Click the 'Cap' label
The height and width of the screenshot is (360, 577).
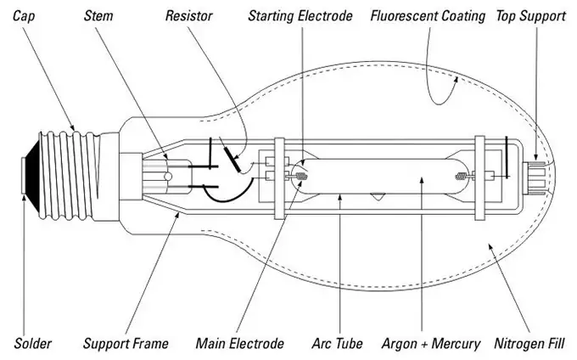click(x=24, y=16)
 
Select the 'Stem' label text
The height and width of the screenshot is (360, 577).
click(x=98, y=16)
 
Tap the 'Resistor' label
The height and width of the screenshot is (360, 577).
click(x=188, y=16)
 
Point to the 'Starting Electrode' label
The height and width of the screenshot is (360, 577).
click(x=300, y=16)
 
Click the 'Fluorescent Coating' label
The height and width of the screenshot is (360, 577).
click(x=428, y=16)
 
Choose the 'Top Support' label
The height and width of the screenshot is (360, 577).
click(x=530, y=16)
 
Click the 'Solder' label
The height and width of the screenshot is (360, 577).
click(x=33, y=343)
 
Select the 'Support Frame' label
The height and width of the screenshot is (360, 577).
click(x=126, y=344)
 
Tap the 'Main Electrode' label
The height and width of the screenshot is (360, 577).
click(x=239, y=343)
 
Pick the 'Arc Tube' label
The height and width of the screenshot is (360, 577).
click(x=337, y=343)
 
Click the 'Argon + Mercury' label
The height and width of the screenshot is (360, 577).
click(x=431, y=344)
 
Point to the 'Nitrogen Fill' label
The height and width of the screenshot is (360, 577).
click(x=529, y=344)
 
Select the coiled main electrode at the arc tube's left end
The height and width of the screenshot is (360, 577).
click(x=302, y=177)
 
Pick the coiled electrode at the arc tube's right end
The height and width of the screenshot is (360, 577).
click(x=462, y=177)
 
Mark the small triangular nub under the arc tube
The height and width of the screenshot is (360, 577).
click(x=378, y=197)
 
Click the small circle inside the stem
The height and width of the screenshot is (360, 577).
click(x=168, y=177)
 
